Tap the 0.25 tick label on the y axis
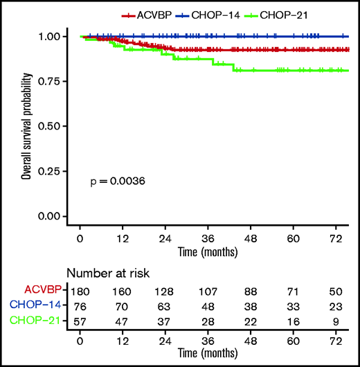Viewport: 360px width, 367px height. (x=51, y=171)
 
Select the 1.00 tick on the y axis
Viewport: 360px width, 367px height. (x=51, y=36)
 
